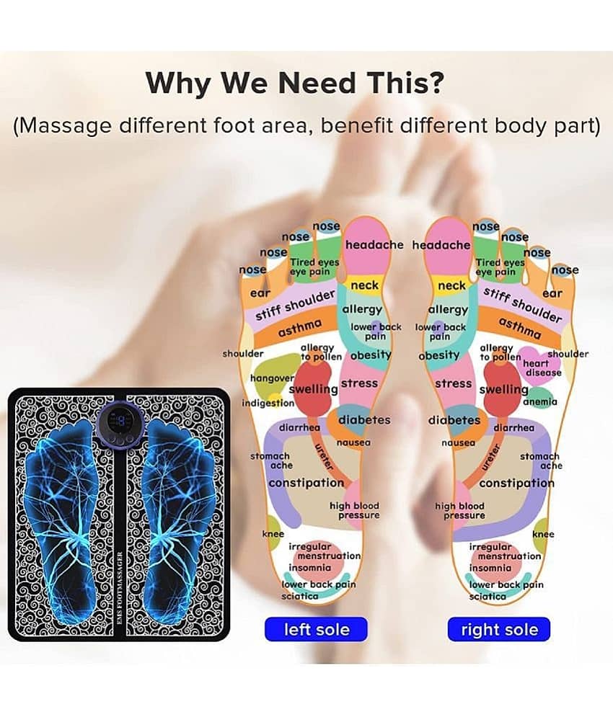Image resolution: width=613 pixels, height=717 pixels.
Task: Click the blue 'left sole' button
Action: pos(316,629)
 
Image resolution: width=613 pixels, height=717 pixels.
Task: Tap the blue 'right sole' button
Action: pos(499,629)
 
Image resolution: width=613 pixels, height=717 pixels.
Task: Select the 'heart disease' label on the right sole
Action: pos(542,368)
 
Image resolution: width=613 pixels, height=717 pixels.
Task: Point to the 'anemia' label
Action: pos(540,401)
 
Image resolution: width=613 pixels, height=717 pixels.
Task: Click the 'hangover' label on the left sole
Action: pos(272,378)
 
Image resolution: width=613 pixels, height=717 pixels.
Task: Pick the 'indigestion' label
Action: pos(268,403)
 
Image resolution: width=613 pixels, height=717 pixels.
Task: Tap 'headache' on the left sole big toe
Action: pos(374,245)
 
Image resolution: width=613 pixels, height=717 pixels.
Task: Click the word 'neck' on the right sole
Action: pos(451,285)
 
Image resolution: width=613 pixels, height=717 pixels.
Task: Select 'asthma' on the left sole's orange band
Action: pos(300,328)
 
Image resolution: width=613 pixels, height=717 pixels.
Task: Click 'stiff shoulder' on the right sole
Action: pos(522,304)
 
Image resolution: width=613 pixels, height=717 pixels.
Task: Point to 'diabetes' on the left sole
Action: pos(364,420)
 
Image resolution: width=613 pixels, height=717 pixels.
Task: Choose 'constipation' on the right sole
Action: pos(516,484)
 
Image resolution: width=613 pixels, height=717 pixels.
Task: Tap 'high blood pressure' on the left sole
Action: pos(355,510)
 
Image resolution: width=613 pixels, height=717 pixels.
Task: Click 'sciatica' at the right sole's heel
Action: pos(488,596)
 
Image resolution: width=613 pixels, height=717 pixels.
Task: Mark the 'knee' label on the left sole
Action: pos(273,534)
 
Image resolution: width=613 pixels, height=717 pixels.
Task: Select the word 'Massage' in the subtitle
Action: pos(63,125)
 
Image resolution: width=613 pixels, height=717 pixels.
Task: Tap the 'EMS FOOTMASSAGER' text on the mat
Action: pos(120,587)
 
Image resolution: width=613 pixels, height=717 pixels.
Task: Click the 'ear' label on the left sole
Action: pos(260,293)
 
